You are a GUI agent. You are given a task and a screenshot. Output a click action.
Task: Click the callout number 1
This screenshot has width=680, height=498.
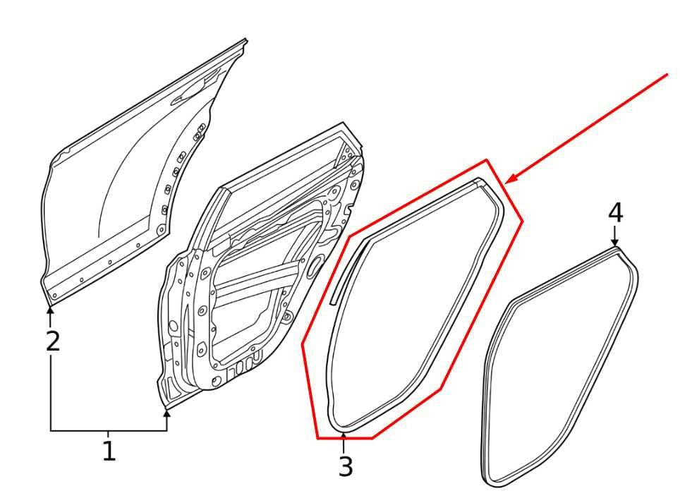(x=109, y=451)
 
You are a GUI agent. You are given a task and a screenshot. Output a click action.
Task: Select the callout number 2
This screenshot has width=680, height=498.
(x=52, y=341)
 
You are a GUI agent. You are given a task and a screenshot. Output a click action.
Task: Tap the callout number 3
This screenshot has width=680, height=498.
(x=345, y=467)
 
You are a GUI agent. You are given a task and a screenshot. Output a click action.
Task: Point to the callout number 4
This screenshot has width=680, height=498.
(x=615, y=214)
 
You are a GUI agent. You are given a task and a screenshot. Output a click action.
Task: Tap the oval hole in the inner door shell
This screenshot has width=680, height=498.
(x=317, y=263)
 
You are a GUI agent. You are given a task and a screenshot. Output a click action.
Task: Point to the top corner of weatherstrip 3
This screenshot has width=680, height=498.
(x=479, y=179)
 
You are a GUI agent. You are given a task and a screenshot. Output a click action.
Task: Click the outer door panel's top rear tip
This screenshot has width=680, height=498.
(x=246, y=40)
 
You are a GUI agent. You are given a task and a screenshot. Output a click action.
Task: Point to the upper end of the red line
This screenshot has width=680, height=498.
(x=667, y=75)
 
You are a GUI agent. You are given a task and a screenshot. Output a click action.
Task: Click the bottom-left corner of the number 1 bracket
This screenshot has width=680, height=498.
(x=51, y=430)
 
